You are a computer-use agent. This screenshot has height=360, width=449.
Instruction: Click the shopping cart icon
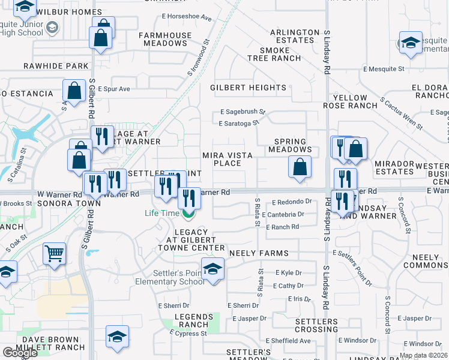point(54,254)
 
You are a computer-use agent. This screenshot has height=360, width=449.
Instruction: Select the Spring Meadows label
point(290,145)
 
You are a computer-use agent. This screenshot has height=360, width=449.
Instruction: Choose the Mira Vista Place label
point(227,159)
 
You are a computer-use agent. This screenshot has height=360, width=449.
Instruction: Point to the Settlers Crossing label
point(316,325)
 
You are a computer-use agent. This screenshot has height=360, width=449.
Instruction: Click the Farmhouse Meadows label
point(165,40)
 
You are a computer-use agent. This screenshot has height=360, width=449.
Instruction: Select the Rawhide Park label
point(56,66)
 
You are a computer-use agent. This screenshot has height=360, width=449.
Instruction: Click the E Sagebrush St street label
point(243,112)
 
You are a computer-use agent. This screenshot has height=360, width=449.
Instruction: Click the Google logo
point(20,352)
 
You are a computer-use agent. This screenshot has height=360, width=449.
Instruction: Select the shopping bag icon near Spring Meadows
point(300,167)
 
